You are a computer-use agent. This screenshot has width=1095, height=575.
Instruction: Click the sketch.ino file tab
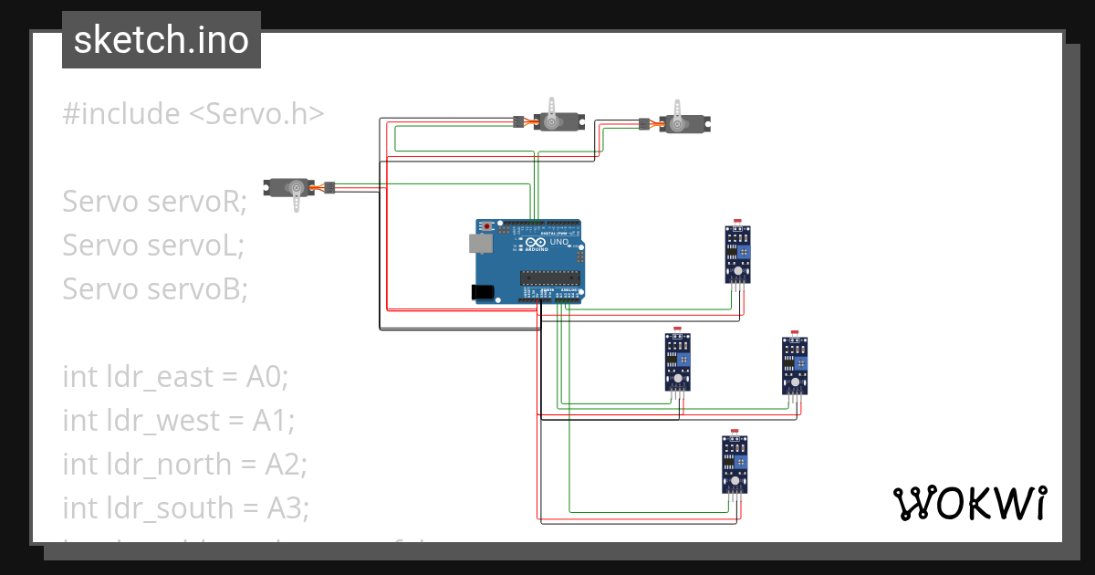161,40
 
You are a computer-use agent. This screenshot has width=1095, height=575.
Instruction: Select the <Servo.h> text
256,114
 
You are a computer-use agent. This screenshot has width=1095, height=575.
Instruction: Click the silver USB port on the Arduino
477,243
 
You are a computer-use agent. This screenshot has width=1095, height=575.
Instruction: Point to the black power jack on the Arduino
481,291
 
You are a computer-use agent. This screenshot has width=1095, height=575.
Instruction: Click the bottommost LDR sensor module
735,463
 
